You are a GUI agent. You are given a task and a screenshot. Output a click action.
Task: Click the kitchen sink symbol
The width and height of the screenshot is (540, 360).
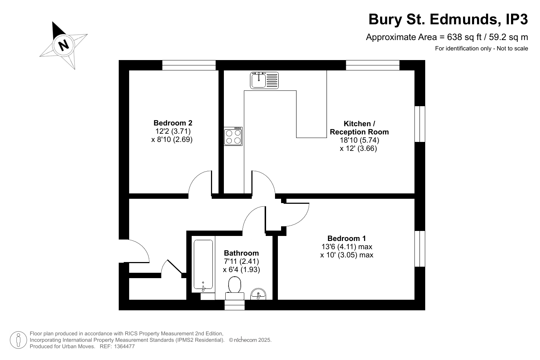click(x=264, y=80)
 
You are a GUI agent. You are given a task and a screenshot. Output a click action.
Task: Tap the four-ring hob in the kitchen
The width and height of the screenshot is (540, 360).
click(x=233, y=137)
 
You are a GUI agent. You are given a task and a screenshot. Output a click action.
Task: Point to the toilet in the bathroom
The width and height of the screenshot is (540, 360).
click(x=235, y=288)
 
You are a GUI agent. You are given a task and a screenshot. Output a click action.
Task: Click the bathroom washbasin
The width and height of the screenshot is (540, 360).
click(x=258, y=294)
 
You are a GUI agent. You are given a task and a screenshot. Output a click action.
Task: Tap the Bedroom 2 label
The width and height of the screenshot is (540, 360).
click(x=173, y=123)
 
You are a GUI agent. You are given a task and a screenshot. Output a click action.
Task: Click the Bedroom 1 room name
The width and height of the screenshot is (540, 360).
click(x=347, y=238)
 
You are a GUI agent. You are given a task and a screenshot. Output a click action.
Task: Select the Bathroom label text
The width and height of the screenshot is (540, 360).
click(x=241, y=253)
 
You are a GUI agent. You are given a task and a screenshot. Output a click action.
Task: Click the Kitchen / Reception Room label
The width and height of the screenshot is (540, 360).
click(x=359, y=128)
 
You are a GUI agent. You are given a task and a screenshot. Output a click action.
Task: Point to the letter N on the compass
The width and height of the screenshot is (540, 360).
click(x=64, y=45)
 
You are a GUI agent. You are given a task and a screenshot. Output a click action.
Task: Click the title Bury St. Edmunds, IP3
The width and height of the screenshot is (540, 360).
click(x=448, y=19)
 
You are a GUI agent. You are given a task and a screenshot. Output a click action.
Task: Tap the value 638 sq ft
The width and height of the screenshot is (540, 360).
click(x=464, y=37)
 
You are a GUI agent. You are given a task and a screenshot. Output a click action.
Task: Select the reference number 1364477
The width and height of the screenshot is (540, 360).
click(x=124, y=346)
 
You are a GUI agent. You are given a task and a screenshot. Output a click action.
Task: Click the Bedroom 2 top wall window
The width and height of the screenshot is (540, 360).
click(x=189, y=65)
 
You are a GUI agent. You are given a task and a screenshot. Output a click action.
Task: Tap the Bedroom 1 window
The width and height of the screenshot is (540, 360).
click(x=420, y=249)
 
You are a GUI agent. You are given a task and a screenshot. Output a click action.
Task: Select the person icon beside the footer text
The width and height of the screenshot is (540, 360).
click(x=18, y=340)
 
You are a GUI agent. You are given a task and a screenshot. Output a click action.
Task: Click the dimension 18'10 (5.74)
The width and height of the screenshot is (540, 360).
click(x=359, y=140)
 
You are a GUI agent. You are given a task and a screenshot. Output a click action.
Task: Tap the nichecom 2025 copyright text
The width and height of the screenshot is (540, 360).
click(x=250, y=340)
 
